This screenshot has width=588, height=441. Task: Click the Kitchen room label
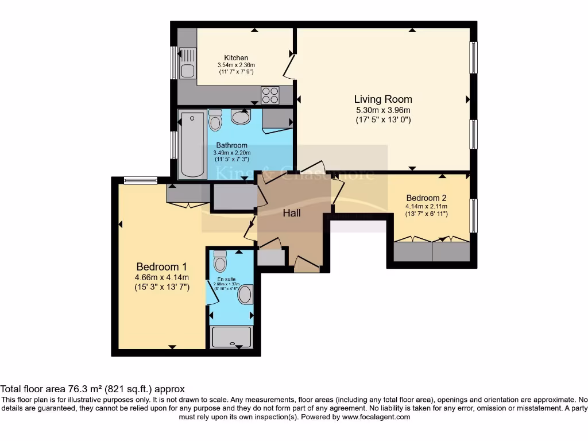[x=236, y=58]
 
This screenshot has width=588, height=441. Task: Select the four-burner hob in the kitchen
[x=270, y=94]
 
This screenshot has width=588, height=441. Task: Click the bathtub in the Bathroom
[x=191, y=145]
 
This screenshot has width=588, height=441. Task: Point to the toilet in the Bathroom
[x=215, y=120]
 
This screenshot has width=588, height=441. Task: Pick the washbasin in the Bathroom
[x=241, y=117]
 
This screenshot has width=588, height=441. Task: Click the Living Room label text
[x=382, y=99]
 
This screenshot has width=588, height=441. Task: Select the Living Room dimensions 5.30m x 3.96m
[x=382, y=110]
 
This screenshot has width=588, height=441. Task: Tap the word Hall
[x=292, y=213]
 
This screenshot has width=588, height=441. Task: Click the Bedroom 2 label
[x=426, y=198]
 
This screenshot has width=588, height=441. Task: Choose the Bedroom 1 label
[x=161, y=267]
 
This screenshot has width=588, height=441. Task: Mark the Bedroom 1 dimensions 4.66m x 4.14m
[x=161, y=277]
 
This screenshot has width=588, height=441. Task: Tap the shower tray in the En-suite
[x=232, y=337]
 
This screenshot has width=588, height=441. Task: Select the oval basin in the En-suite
[x=245, y=295]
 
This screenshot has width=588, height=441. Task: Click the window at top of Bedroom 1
[x=141, y=181]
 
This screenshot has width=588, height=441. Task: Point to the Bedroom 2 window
[x=474, y=215]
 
